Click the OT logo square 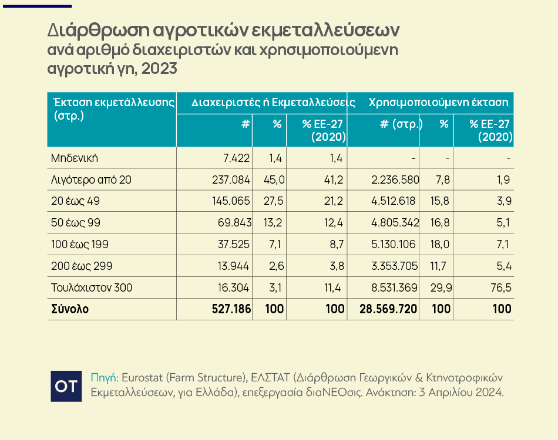[66, 386]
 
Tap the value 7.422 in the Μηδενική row [236, 158]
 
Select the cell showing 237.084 [231, 180]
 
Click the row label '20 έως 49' [75, 201]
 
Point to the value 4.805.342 [395, 223]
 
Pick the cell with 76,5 [501, 287]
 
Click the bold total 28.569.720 [388, 309]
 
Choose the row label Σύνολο [70, 309]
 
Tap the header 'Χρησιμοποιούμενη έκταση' [438, 102]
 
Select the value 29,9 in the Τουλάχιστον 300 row [441, 287]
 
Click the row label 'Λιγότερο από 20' [91, 180]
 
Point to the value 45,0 [274, 180]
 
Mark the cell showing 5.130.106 [393, 244]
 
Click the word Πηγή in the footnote [105, 378]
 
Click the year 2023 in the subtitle [159, 68]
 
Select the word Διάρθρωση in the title [98, 31]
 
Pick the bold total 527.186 [231, 309]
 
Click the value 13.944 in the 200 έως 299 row [233, 266]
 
